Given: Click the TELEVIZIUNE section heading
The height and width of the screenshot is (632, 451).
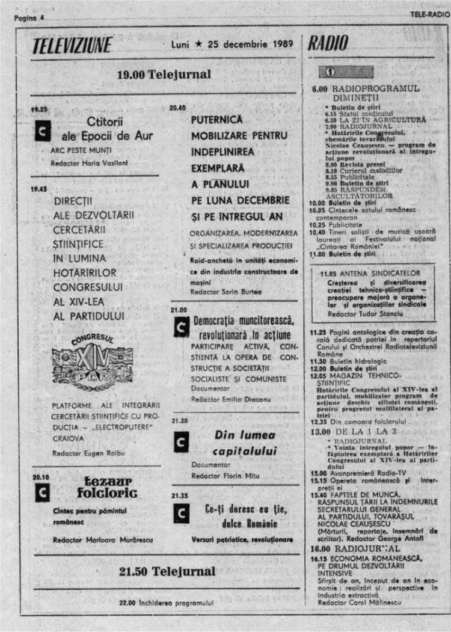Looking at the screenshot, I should click(x=72, y=45).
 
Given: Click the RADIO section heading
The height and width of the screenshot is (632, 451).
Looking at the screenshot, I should click(x=329, y=43).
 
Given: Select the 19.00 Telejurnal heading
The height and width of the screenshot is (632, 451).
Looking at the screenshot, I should click(x=164, y=75).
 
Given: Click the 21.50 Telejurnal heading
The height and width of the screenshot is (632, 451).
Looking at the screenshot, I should click(x=167, y=571).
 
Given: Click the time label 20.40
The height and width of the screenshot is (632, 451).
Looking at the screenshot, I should click(x=178, y=108).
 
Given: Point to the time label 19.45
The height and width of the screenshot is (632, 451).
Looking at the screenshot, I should click(x=39, y=188).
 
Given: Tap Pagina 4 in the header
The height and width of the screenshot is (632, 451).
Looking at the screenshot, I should click(x=29, y=18).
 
